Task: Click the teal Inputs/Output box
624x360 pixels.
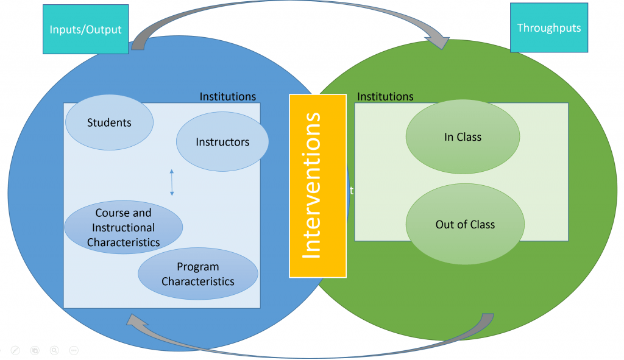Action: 86,29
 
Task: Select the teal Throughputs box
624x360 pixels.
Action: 548,28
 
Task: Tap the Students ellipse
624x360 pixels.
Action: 109,122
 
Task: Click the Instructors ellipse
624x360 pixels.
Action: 222,142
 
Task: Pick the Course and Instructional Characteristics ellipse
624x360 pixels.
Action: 123,228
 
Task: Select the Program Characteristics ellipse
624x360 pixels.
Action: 198,274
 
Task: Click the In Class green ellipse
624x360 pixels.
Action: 463,137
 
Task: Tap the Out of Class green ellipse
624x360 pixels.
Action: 465,224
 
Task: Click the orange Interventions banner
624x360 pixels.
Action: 317,186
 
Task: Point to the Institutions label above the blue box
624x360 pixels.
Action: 228,97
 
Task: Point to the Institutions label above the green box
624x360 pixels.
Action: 385,97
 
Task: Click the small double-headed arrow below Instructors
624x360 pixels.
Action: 172,183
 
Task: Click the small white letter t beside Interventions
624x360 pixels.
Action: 351,190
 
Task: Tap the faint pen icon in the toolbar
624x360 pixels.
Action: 16,350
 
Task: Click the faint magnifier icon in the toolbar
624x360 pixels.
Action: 54,350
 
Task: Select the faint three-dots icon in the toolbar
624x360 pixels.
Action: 74,350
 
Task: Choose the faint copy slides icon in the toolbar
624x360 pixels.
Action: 35,350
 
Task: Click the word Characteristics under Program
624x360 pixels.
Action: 198,281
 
